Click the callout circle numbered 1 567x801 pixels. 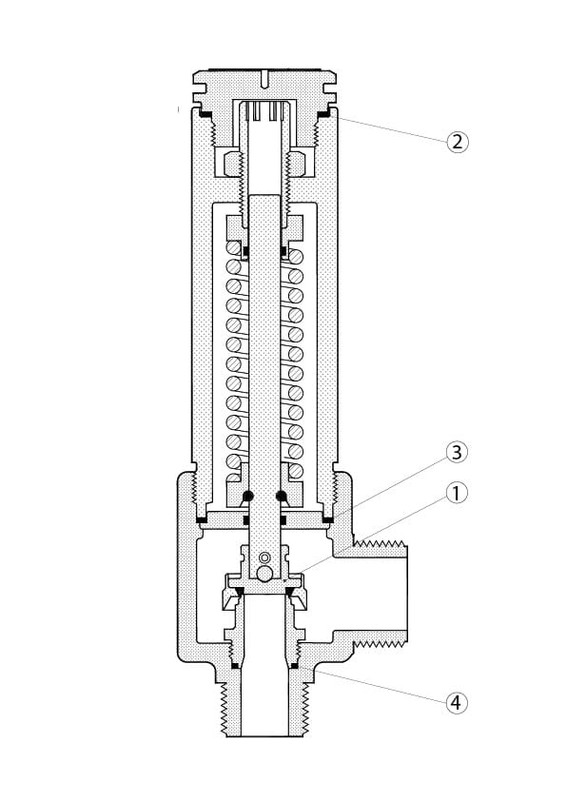(x=457, y=494)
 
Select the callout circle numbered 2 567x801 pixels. (x=457, y=142)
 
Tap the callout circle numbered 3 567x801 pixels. (x=457, y=451)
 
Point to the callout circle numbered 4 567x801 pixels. (x=457, y=703)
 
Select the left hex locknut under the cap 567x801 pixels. (x=229, y=163)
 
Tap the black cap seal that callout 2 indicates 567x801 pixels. (x=325, y=114)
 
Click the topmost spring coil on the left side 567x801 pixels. (x=232, y=249)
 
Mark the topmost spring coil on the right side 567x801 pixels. (x=296, y=256)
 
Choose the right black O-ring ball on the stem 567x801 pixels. (x=282, y=496)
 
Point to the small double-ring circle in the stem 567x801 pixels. (x=264, y=557)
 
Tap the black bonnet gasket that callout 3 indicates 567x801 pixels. (x=326, y=519)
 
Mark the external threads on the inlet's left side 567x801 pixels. (x=224, y=709)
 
